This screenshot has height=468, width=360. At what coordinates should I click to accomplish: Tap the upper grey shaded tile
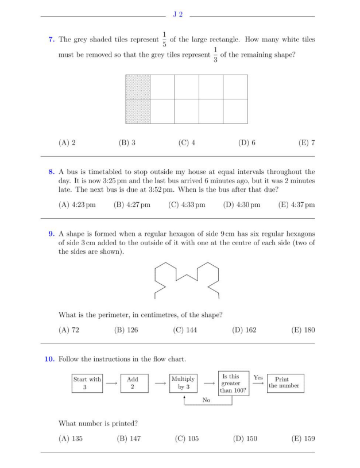138,87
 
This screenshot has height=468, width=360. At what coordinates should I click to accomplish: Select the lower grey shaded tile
138,111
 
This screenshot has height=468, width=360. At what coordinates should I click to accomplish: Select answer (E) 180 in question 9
304,330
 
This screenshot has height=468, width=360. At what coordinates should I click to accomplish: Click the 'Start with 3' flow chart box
86,383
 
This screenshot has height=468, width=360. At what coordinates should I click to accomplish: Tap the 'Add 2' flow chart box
134,383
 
